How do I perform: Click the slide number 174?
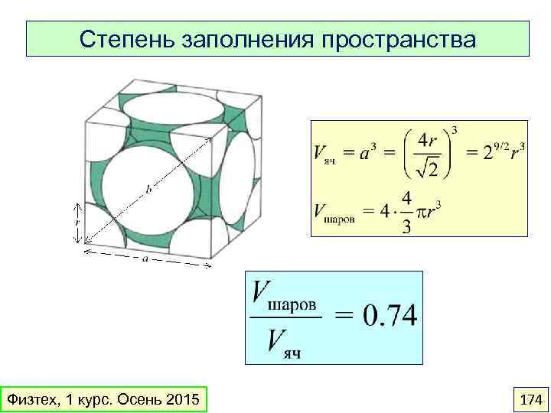click(x=530, y=399)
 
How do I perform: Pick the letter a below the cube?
click(x=145, y=259)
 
